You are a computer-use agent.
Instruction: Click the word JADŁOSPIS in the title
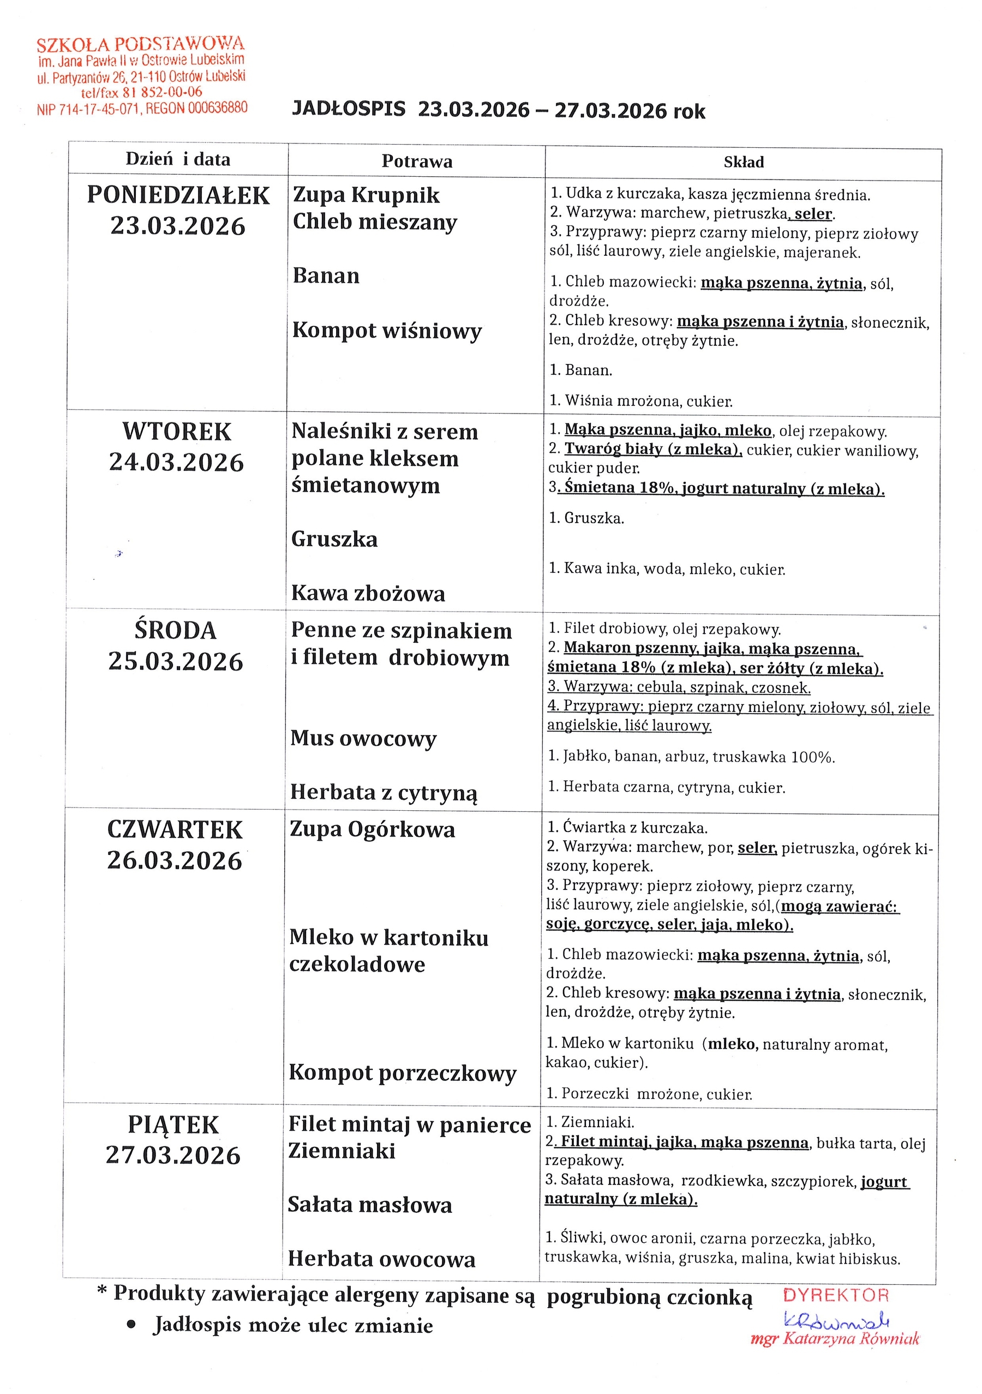(x=349, y=109)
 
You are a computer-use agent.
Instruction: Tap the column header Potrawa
(x=416, y=161)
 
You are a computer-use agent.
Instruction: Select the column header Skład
(x=743, y=162)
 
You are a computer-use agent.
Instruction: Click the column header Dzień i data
(x=178, y=160)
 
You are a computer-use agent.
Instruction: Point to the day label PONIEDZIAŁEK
(x=178, y=195)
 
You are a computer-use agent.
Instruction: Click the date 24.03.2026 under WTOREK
(x=176, y=463)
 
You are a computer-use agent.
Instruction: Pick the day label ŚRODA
(x=176, y=631)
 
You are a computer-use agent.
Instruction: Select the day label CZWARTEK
(x=175, y=830)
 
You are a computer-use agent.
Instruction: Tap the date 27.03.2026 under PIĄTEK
(x=173, y=1155)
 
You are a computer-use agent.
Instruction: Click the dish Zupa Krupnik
(x=366, y=195)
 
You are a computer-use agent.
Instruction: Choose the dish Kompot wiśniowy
(x=387, y=330)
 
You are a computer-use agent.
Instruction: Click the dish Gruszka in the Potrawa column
(x=334, y=539)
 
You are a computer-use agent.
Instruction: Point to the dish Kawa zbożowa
(x=368, y=593)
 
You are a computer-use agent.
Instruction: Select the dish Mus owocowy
(x=363, y=738)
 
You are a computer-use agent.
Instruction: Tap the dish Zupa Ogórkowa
(x=372, y=830)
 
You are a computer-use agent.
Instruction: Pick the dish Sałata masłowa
(x=370, y=1205)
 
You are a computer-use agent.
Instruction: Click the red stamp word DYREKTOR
(x=835, y=1295)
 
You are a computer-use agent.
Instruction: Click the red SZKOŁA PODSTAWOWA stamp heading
(x=140, y=44)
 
